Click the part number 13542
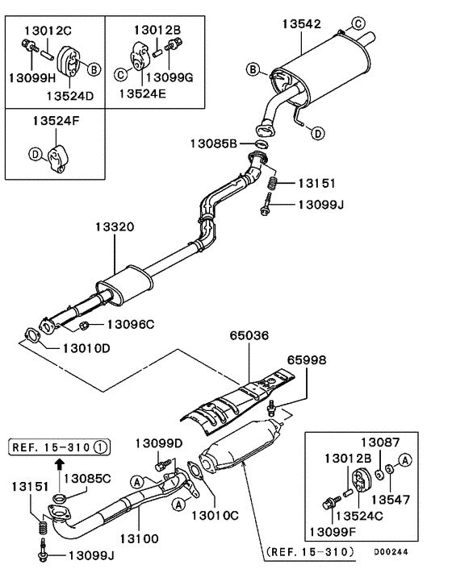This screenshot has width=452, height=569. click(303, 25)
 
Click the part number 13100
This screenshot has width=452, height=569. click(140, 538)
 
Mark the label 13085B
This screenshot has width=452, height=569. click(214, 143)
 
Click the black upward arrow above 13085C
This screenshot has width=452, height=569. click(58, 463)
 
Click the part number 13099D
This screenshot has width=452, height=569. click(160, 442)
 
